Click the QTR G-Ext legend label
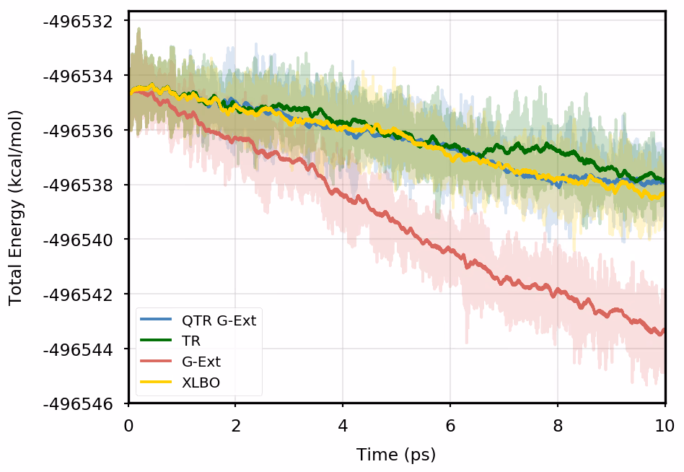(x=219, y=320)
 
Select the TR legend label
(x=191, y=341)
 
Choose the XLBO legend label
(x=201, y=383)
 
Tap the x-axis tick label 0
(x=129, y=425)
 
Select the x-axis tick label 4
(x=343, y=425)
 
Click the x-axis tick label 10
(x=665, y=425)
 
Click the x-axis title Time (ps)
(x=396, y=455)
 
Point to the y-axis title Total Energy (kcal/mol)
(x=15, y=208)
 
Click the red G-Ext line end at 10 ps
(x=663, y=330)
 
